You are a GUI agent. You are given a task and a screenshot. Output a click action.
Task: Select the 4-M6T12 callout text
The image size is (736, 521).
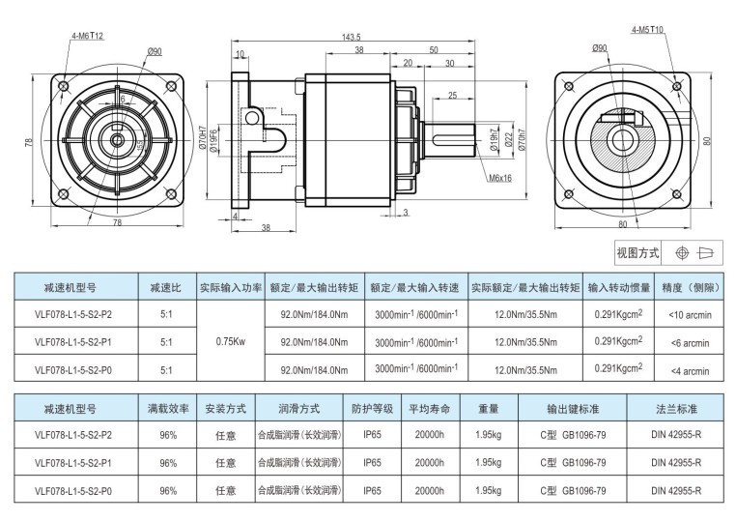(x=87, y=36)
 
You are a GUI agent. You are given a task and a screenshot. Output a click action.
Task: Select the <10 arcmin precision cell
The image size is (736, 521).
(x=688, y=315)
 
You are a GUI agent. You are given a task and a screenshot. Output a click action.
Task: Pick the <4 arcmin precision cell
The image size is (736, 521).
(x=688, y=369)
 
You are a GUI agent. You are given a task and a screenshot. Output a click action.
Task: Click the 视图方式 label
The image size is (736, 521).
(x=637, y=253)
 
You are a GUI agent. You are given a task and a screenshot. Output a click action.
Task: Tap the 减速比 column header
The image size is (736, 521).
(x=165, y=287)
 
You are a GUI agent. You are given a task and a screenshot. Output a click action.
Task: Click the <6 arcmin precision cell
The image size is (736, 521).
(x=688, y=342)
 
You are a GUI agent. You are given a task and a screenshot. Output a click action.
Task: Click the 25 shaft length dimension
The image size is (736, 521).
(x=451, y=95)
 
